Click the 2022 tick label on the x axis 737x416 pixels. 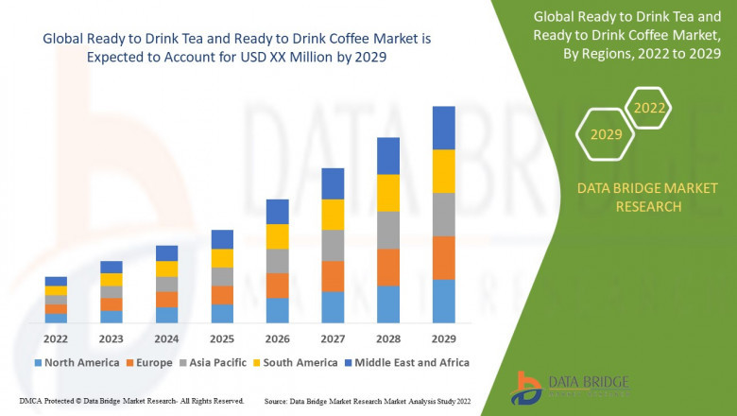coord(56,338)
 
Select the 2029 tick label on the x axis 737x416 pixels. coord(443,338)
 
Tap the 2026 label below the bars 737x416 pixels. coord(277,338)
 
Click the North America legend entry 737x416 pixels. coord(76,362)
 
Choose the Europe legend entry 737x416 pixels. coord(149,362)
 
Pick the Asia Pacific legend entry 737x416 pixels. coord(214,362)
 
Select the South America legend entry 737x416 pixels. coord(295,362)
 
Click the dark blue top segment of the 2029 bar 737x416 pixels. coord(443,128)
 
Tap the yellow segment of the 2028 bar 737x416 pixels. coord(388,193)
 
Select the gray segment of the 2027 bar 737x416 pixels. coord(333,245)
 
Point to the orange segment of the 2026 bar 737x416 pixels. coord(277,286)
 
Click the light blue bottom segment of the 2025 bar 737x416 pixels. coord(222,314)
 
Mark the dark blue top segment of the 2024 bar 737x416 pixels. coord(166,252)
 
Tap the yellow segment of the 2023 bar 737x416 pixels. coord(111,279)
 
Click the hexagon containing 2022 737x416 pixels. coord(649,108)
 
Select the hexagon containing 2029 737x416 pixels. coord(606,135)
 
